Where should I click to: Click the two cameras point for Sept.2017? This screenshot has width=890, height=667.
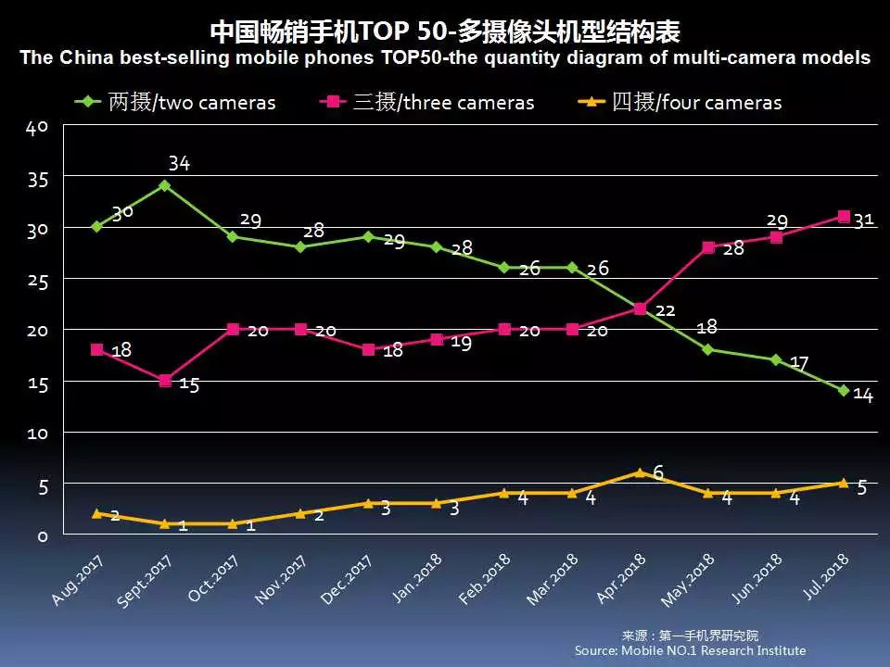164,185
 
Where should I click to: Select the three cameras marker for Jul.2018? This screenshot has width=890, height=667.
844,217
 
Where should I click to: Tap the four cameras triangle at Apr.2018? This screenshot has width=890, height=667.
640,472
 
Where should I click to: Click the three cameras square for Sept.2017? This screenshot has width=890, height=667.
164,381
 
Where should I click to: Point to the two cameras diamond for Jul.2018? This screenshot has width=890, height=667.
844,391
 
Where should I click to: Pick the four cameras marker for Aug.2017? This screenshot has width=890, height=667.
96,513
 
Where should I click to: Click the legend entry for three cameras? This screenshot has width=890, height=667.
427,102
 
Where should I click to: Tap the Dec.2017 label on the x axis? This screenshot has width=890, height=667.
347,580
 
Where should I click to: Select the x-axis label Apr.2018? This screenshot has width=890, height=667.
620,580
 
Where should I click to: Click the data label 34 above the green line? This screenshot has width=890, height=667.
179,164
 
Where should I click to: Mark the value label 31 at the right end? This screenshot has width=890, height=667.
864,220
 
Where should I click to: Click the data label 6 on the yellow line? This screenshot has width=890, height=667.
658,472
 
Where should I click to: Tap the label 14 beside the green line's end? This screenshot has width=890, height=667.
863,396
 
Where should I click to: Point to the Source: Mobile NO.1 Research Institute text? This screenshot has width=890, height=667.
690,650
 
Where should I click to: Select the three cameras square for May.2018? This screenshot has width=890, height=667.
707,247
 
